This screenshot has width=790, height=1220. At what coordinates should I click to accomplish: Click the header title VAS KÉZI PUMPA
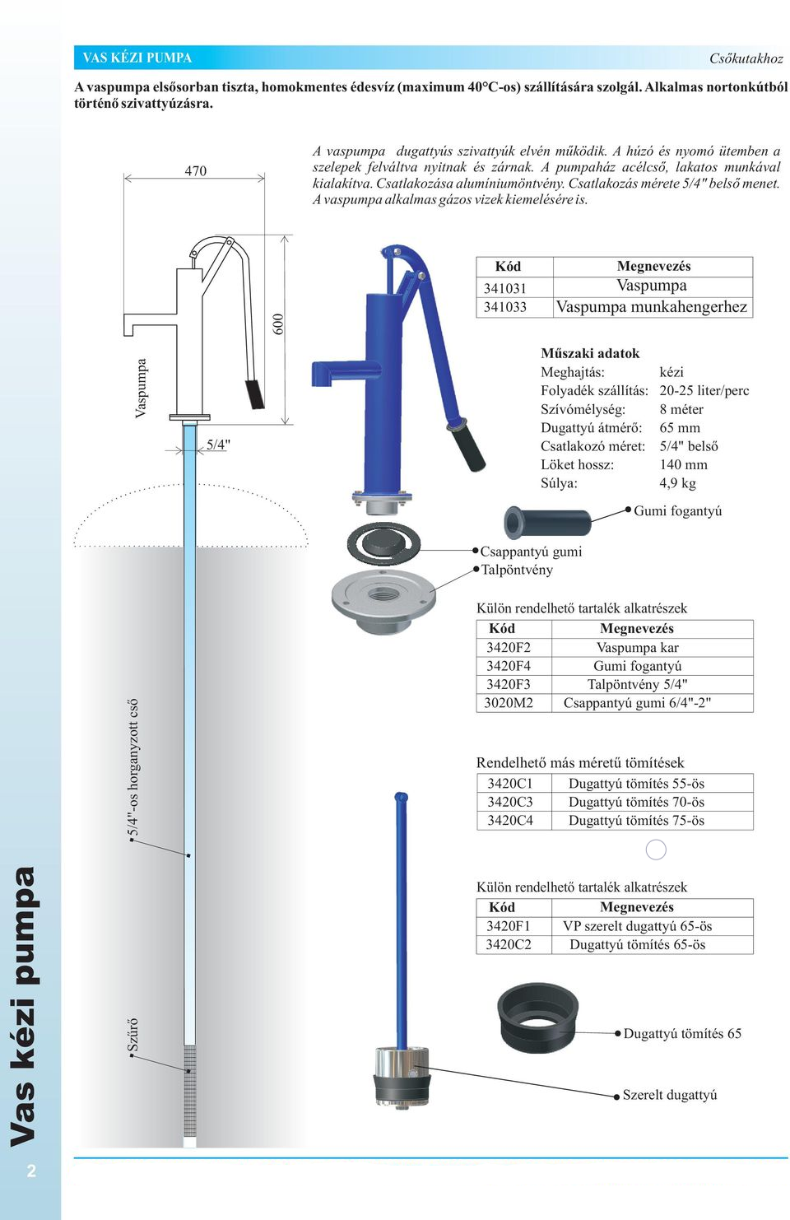pos(137,58)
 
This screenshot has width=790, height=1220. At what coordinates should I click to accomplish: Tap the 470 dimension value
pos(196,170)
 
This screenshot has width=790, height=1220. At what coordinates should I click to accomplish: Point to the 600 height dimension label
pos(278,324)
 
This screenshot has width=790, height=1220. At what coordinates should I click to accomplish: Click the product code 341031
pos(504,288)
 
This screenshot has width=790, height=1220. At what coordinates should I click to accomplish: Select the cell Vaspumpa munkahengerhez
pos(652,307)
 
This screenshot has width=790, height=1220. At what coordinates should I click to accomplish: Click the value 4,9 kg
pos(677,483)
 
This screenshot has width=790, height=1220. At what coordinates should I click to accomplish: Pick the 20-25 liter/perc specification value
pos(704,390)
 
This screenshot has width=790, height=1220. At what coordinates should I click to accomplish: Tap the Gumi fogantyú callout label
pos(677,510)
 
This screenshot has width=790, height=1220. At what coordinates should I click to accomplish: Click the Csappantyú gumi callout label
pos(531,552)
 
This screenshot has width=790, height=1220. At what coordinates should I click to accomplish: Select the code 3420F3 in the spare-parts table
pos(508,684)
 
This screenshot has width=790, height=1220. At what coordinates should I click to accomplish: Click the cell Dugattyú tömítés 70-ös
pos(636,802)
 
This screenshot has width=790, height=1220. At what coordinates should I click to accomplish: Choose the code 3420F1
pos(508,926)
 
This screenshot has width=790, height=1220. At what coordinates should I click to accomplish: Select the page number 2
pos(31,1170)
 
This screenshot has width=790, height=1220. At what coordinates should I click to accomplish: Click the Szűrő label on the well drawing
pos(132,1035)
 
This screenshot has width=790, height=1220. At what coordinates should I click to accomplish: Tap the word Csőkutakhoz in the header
pos(746,58)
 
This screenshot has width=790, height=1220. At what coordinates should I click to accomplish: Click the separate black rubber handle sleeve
pos(547,523)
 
